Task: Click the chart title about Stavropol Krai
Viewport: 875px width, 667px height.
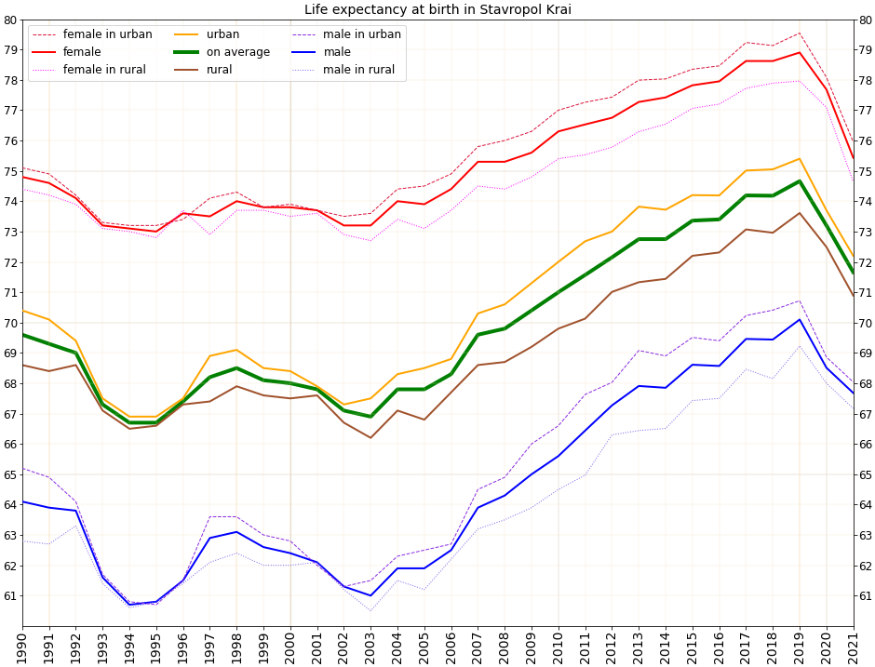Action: [x=437, y=9]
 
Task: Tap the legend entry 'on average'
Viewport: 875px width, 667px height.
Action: [x=238, y=52]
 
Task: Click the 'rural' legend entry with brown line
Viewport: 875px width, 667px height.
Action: [x=219, y=70]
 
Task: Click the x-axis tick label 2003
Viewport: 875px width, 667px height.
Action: [x=370, y=647]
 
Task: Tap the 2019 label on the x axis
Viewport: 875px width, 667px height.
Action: [x=800, y=647]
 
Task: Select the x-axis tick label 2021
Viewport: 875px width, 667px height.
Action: [x=854, y=647]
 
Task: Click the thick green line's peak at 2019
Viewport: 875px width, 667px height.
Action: [x=800, y=181]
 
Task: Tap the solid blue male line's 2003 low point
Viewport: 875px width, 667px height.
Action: [x=370, y=595]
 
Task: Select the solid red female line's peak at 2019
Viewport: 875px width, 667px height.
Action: [x=800, y=52]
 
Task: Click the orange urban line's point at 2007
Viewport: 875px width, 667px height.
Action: [x=478, y=313]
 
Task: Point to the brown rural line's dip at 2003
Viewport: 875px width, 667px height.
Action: [x=370, y=438]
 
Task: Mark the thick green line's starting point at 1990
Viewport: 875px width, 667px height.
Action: [x=22, y=335]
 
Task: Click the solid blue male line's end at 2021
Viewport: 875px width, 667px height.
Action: [x=854, y=393]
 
